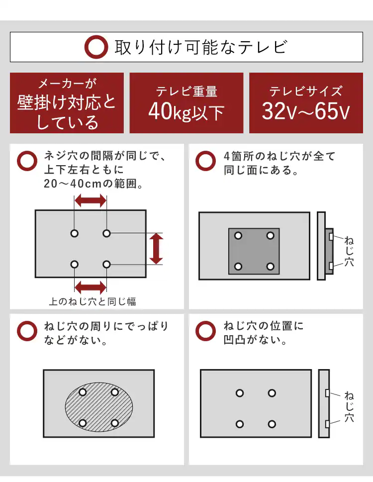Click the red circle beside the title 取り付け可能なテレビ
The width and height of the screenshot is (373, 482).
coord(96,47)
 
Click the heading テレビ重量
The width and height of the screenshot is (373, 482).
coord(186,92)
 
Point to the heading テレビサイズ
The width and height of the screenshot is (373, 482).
coord(306,91)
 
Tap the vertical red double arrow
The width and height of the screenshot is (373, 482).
coord(156,249)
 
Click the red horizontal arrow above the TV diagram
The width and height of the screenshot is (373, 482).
coord(90,201)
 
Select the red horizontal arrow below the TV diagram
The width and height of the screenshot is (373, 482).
coord(90,287)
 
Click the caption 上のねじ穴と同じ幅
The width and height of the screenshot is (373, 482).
coord(93,301)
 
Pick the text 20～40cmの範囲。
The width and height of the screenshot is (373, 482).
coord(93,184)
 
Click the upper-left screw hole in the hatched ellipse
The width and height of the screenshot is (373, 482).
coord(83,392)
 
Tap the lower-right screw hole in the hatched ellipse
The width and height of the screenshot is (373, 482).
coord(114,423)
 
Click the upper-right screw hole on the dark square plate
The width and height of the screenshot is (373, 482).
coord(270,235)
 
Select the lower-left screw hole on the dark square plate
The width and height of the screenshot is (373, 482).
coord(238,267)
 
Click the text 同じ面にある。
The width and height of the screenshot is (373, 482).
coord(261,171)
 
